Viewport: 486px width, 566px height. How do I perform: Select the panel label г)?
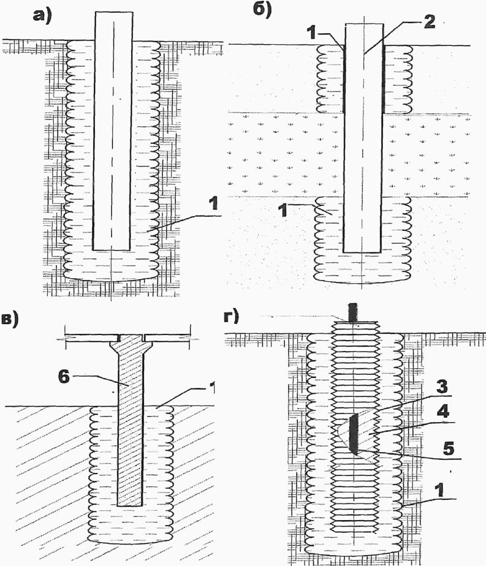[x=235, y=317]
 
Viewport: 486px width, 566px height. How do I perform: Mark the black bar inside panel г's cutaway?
[x=354, y=434]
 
